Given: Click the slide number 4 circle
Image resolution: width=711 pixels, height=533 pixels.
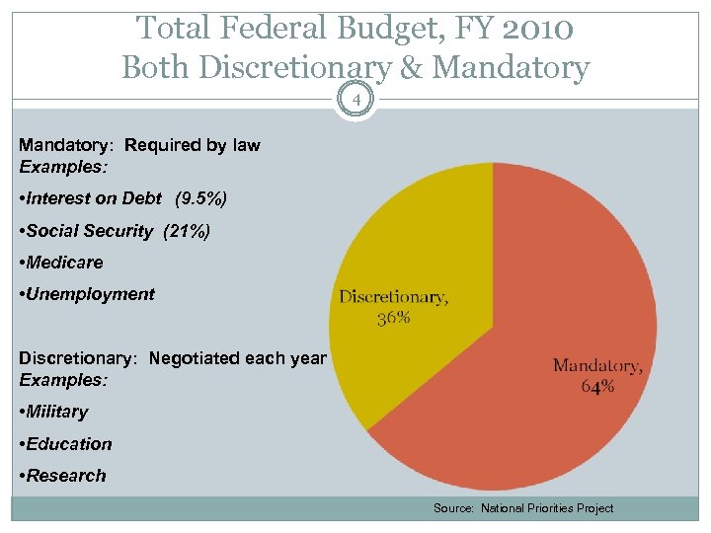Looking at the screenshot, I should [x=355, y=99].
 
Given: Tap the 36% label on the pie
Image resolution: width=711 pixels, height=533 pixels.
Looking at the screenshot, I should [x=394, y=318].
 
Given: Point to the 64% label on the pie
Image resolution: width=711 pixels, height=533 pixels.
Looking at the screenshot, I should [x=597, y=386].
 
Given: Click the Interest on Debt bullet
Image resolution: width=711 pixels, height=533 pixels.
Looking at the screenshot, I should [x=95, y=198].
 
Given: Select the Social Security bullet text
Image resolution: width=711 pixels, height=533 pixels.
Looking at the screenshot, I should [x=90, y=231].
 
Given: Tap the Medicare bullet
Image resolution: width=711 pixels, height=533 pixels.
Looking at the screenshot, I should [x=64, y=263].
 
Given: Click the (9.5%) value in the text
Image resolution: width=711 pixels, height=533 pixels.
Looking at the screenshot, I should [x=200, y=198].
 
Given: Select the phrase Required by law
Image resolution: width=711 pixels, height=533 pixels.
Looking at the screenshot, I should [x=193, y=145].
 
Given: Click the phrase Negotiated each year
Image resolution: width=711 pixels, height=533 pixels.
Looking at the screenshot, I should [x=237, y=358].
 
